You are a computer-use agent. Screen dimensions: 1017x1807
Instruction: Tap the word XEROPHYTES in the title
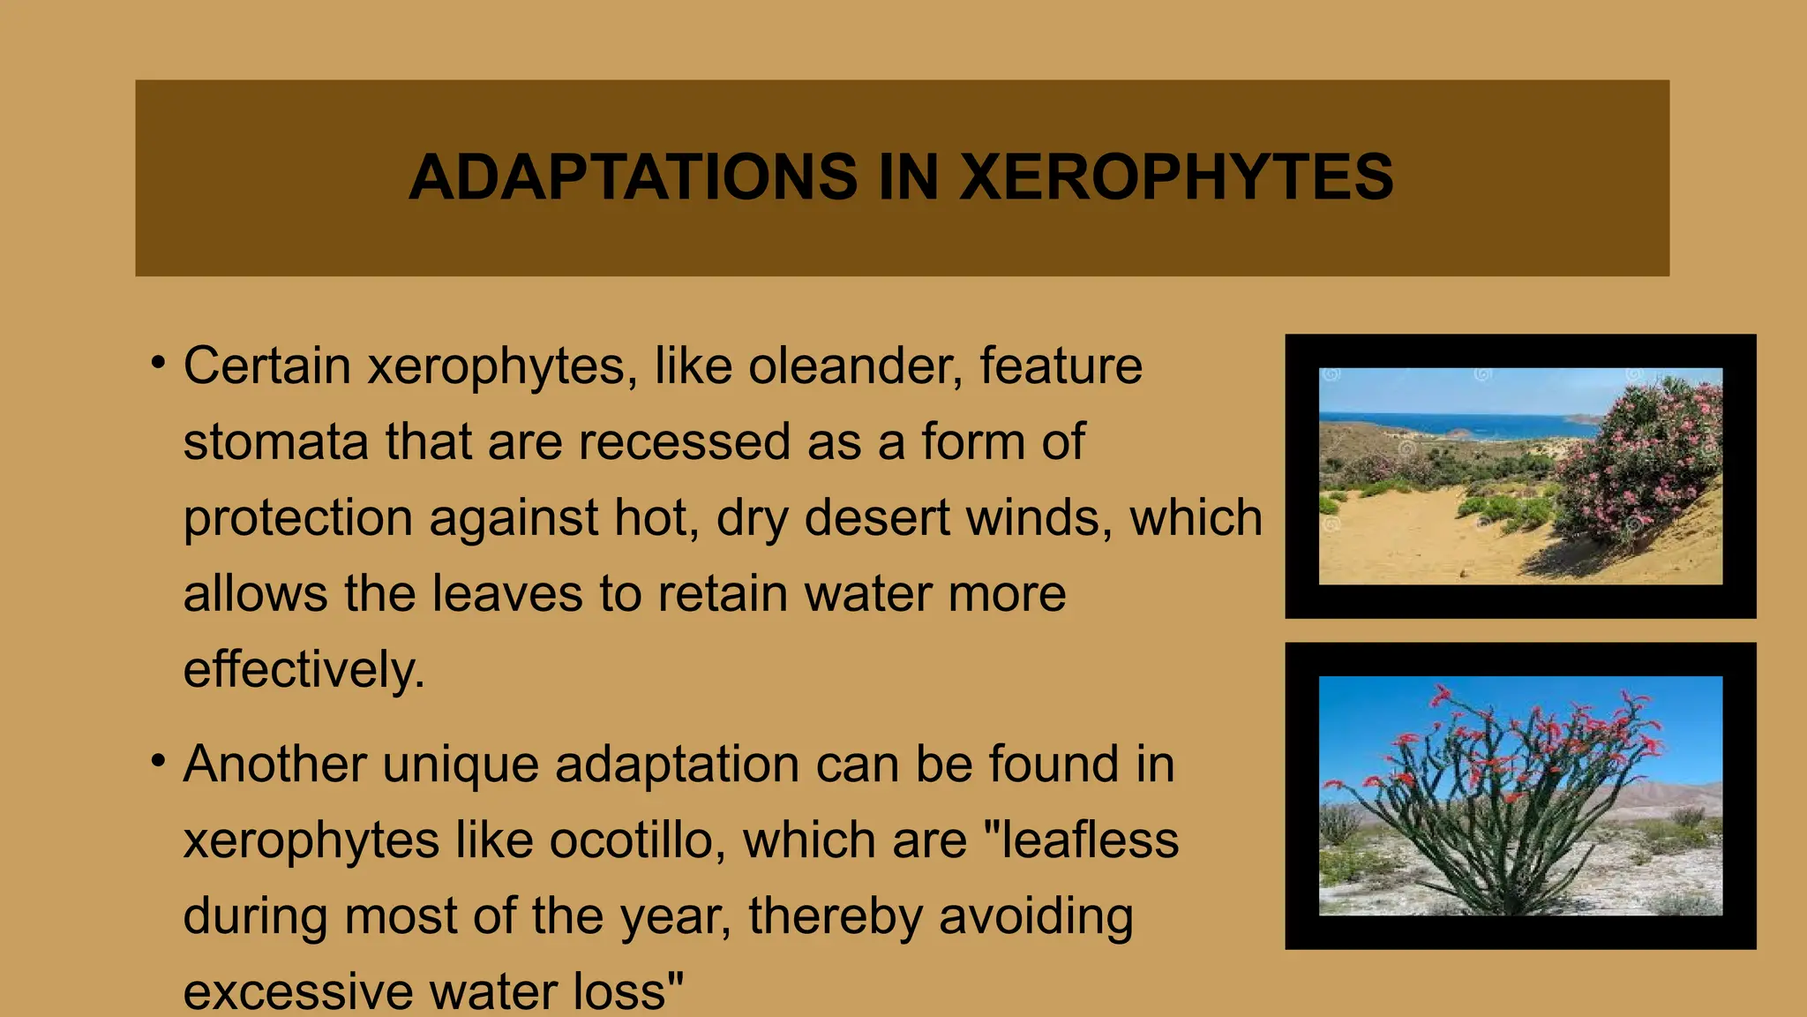(1176, 177)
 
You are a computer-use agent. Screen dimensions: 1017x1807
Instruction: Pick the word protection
(297, 518)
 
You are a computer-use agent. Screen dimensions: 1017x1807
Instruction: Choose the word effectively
(304, 669)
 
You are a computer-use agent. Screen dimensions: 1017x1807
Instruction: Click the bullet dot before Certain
(158, 362)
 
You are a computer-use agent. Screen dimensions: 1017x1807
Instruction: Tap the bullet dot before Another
(158, 760)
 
